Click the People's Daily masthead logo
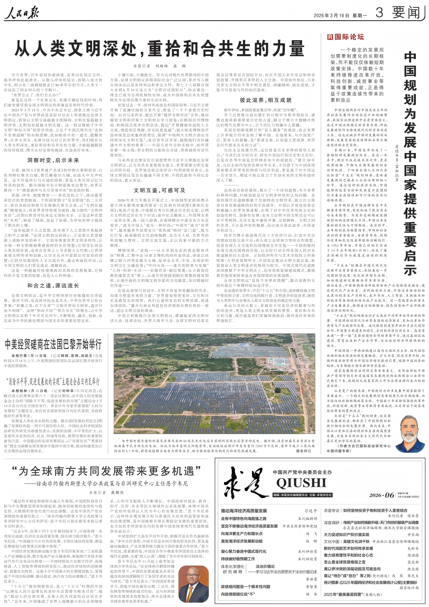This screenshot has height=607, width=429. tap(22, 13)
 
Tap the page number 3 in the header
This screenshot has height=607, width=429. tap(379, 13)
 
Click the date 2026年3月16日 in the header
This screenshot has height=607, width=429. tap(331, 16)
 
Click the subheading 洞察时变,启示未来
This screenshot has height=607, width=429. tap(53, 160)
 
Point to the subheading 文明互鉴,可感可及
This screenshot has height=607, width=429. tap(159, 190)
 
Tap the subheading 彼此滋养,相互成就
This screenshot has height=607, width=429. tap(266, 100)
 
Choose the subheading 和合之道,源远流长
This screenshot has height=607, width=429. tap(53, 285)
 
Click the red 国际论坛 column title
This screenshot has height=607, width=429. tap(345, 37)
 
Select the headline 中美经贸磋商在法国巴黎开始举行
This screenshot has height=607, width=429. tap(53, 345)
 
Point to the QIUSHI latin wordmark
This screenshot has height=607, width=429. tap(301, 483)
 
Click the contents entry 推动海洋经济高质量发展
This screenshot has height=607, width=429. tap(244, 511)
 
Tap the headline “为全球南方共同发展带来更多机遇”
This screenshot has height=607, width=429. tap(106, 471)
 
